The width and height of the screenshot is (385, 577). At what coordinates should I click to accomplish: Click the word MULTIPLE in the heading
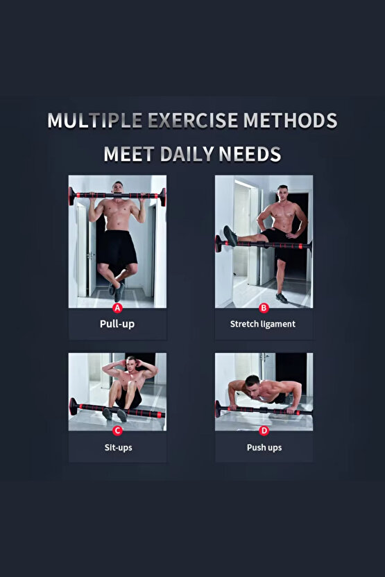pyautogui.click(x=95, y=121)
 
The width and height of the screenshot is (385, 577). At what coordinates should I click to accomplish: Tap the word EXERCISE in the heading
pyautogui.click(x=193, y=121)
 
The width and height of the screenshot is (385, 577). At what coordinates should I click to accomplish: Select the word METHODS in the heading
pyautogui.click(x=290, y=121)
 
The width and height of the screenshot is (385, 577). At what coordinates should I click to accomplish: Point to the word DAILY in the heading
pyautogui.click(x=187, y=154)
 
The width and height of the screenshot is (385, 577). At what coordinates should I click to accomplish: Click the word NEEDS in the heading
pyautogui.click(x=250, y=154)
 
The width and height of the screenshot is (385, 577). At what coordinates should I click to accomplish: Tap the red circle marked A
pyautogui.click(x=117, y=308)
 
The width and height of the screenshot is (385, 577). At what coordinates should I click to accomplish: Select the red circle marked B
pyautogui.click(x=264, y=308)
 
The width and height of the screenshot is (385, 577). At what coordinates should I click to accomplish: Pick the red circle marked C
pyautogui.click(x=117, y=431)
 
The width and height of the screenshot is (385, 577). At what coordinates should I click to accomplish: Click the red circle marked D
pyautogui.click(x=264, y=431)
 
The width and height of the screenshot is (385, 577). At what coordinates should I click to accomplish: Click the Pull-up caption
pyautogui.click(x=117, y=324)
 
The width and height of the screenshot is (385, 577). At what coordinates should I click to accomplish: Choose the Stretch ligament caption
pyautogui.click(x=263, y=324)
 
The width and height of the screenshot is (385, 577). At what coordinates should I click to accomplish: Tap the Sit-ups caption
pyautogui.click(x=118, y=447)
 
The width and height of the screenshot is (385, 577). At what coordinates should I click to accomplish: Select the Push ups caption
pyautogui.click(x=264, y=447)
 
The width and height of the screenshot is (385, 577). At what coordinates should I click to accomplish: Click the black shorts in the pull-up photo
pyautogui.click(x=117, y=248)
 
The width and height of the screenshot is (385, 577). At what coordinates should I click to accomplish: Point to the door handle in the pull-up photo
pyautogui.click(x=89, y=255)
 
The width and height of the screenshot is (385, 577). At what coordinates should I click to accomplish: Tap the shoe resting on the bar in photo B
pyautogui.click(x=230, y=236)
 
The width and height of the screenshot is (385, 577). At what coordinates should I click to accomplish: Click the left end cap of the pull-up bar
pyautogui.click(x=71, y=196)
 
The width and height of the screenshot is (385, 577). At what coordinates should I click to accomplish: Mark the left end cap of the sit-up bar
pyautogui.click(x=74, y=406)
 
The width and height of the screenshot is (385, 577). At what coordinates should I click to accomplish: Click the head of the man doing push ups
pyautogui.click(x=253, y=384)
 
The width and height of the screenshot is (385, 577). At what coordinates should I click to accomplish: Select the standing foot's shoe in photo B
pyautogui.click(x=282, y=298)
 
